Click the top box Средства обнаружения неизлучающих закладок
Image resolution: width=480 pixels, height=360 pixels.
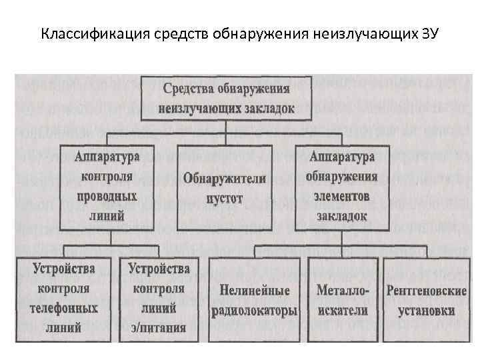click(226, 98)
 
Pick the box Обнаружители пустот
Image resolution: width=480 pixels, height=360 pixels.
click(225, 188)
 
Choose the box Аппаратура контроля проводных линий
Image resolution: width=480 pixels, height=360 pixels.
click(107, 187)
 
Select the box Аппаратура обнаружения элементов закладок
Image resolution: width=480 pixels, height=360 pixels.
click(342, 187)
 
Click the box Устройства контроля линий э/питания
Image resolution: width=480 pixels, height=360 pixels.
click(159, 299)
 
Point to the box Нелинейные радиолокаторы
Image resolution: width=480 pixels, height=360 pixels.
click(255, 300)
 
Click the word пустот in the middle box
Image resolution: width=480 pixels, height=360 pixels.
click(225, 198)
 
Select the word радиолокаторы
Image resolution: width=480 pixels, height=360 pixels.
click(255, 310)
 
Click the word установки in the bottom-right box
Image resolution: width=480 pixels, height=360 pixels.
click(426, 310)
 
